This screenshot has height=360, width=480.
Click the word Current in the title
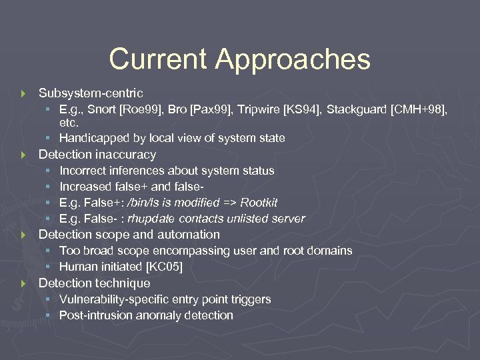pyautogui.click(x=157, y=59)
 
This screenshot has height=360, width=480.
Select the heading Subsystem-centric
pyautogui.click(x=91, y=93)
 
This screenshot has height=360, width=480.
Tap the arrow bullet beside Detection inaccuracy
pyautogui.click(x=24, y=155)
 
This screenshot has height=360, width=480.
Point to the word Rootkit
pyautogui.click(x=259, y=203)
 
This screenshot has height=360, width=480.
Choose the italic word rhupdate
pyautogui.click(x=150, y=219)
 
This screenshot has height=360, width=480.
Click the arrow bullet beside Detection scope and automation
pyautogui.click(x=24, y=235)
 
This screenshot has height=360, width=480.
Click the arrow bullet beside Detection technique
pyautogui.click(x=24, y=283)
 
